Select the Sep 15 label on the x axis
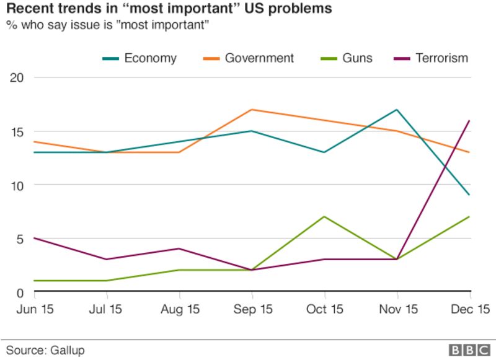252,309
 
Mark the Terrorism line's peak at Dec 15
469,121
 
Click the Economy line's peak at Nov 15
396,110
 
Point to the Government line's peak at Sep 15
251,110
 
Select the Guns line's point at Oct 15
324,217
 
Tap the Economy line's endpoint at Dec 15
469,195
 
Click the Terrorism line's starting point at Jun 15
34,238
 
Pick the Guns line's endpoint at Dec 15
469,217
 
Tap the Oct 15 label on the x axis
324,309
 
